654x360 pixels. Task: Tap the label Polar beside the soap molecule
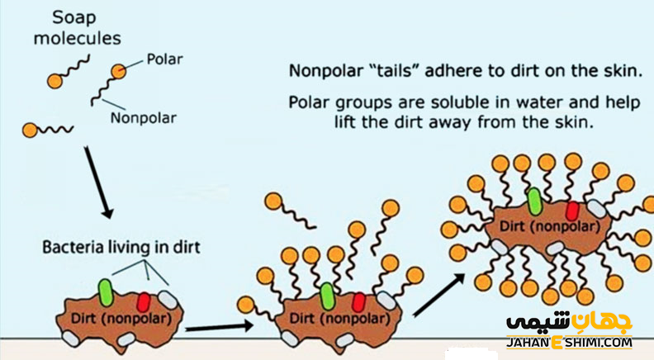164,59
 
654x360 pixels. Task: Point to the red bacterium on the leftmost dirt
143,299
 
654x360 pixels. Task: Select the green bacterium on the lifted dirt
534,201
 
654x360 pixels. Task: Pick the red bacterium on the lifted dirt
572,210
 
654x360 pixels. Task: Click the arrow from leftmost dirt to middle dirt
219,327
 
